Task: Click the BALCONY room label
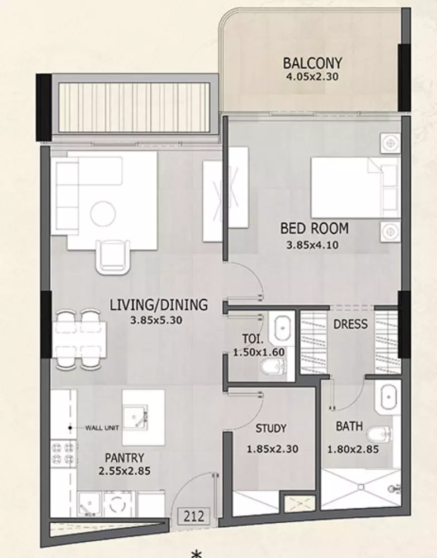(312, 63)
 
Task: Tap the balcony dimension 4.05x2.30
(312, 77)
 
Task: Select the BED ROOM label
(314, 228)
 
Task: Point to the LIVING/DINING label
(159, 305)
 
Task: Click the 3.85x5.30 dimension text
(156, 320)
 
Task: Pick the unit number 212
(194, 516)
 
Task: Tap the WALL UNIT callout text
(102, 428)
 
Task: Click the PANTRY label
(125, 458)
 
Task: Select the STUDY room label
(271, 428)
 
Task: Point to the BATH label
(349, 426)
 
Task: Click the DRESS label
(350, 324)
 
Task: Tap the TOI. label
(253, 338)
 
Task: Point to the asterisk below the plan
(196, 554)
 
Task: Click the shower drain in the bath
(360, 487)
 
